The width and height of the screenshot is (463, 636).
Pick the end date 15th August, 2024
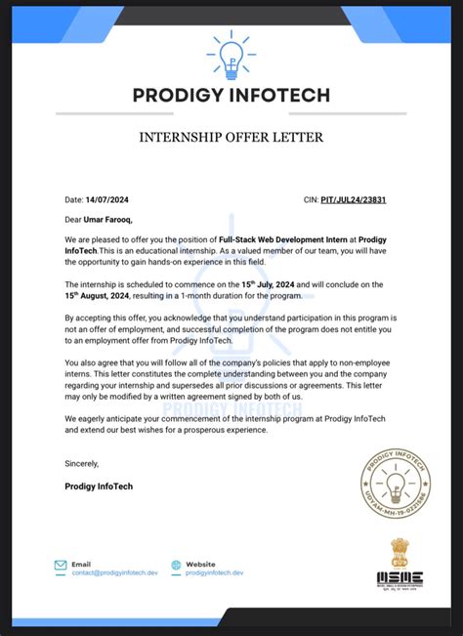(103, 294)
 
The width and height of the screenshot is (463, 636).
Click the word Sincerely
(81, 463)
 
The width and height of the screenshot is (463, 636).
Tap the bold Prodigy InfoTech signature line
(98, 486)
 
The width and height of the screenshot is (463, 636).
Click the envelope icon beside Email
(61, 565)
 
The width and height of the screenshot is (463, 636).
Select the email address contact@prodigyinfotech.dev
(114, 573)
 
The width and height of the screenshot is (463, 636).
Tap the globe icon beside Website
(176, 565)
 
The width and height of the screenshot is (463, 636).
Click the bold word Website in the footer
(200, 564)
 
